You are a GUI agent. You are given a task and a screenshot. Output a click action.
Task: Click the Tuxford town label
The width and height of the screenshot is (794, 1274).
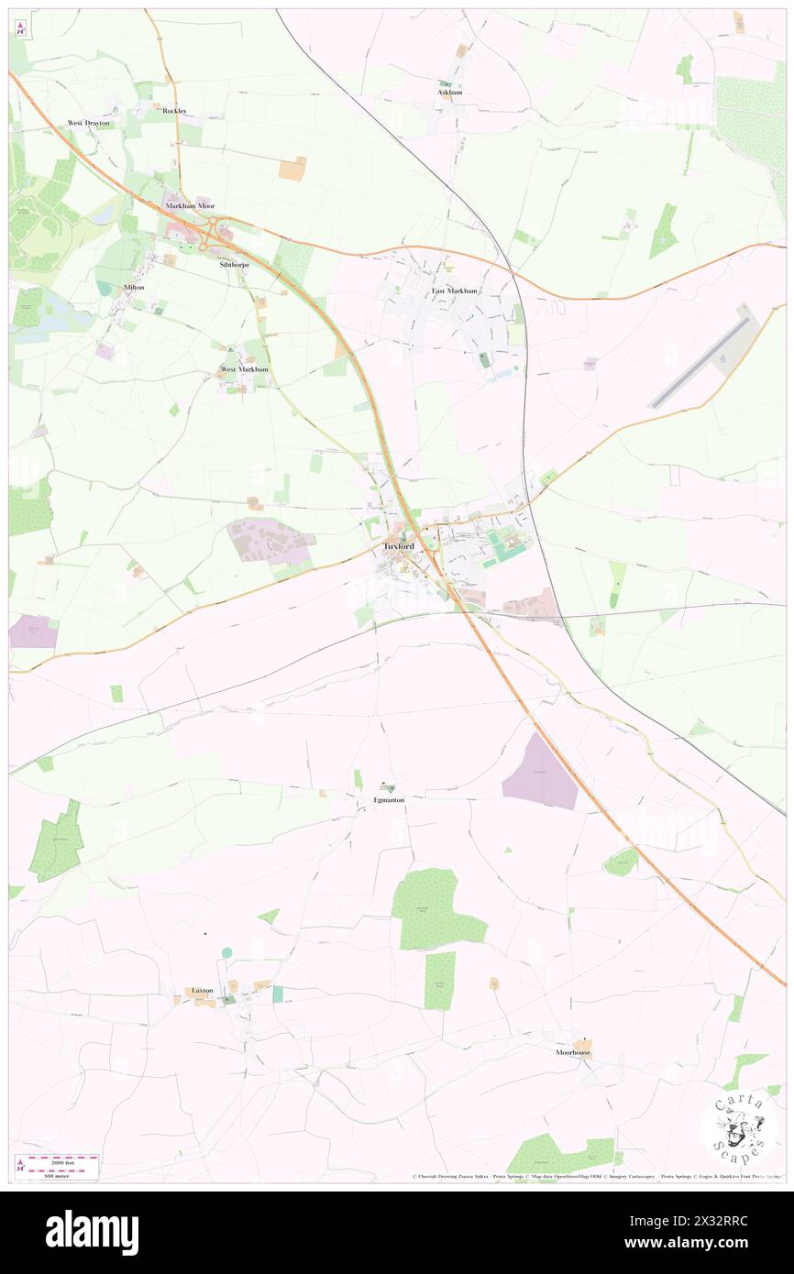point(398,546)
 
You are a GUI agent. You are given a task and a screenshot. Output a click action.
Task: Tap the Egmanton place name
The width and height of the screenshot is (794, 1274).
point(389,800)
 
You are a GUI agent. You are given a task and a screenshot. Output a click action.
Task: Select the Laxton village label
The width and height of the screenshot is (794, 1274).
point(202,991)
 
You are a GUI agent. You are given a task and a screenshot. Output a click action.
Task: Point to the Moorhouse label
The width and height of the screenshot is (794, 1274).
point(572,1052)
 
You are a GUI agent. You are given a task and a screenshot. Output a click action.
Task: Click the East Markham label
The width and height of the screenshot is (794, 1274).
point(455,291)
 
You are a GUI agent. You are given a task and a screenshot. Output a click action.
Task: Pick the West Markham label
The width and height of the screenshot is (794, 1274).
point(245,369)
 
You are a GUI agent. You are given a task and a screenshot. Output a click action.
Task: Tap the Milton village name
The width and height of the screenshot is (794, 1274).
point(134,287)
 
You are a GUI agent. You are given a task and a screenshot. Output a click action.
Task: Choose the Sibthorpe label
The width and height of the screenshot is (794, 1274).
point(234,264)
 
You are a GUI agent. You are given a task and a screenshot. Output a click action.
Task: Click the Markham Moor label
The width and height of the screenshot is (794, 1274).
point(190,206)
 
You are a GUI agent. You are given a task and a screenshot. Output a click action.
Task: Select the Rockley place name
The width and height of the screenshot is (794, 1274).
point(174,111)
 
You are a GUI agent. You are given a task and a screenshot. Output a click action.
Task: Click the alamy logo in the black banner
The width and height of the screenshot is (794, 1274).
point(92,1233)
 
